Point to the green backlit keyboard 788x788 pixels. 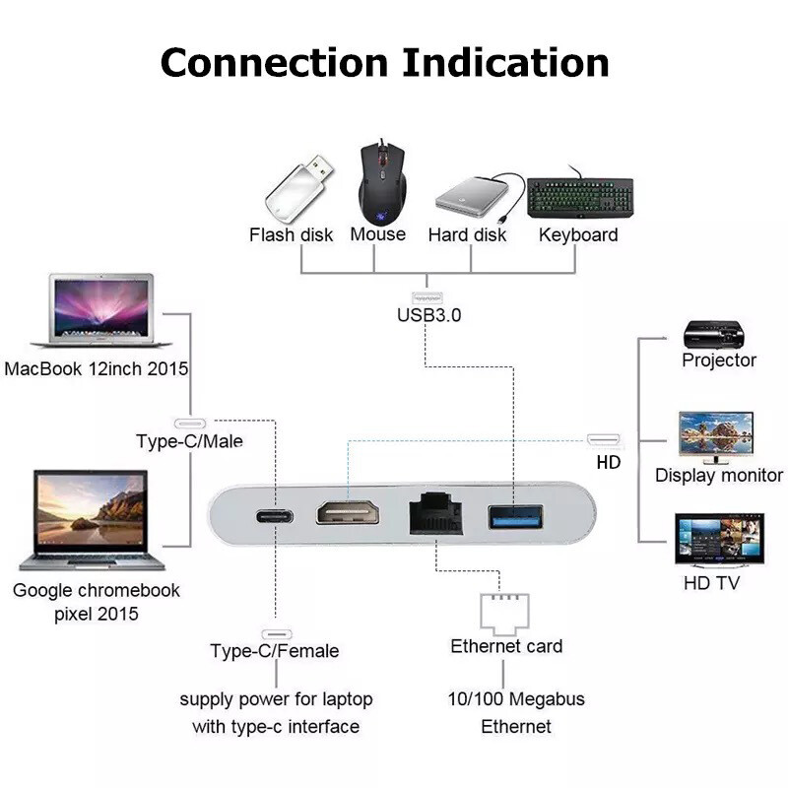[x=579, y=197]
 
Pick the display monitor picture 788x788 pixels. [x=716, y=436]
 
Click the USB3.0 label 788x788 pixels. [x=428, y=316]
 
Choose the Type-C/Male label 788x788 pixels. [x=189, y=440]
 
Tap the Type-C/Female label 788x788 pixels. [x=274, y=651]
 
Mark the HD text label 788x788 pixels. [x=609, y=461]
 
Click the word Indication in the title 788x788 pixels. [x=505, y=62]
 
